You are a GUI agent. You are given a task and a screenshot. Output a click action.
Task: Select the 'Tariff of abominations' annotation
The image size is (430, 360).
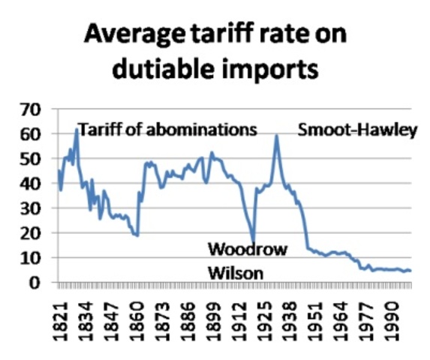168,130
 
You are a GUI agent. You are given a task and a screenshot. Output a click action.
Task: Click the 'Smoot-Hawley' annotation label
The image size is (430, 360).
357,130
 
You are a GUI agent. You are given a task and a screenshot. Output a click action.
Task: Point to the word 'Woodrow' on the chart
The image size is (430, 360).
247,249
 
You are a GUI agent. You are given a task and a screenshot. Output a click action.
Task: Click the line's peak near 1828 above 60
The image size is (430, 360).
76,130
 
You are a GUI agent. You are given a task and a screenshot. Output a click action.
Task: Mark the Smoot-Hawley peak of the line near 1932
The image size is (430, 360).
277,136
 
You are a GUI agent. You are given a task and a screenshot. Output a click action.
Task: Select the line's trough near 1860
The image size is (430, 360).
137,235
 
